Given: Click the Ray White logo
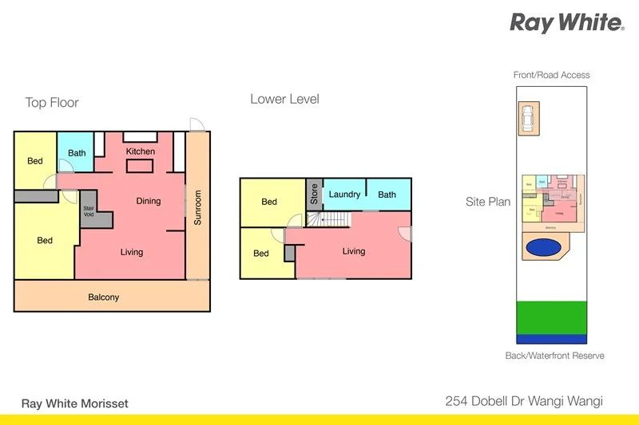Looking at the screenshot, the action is click(x=566, y=22).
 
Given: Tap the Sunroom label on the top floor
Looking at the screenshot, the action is click(x=198, y=207).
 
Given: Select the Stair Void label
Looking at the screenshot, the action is click(x=89, y=211).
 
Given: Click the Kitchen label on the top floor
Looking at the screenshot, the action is click(x=141, y=152).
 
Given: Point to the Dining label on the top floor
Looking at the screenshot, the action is click(x=148, y=201).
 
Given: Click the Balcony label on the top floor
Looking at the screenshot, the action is click(x=103, y=297).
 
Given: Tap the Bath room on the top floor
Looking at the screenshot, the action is click(x=77, y=152).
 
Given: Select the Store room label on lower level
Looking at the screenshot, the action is click(x=314, y=195).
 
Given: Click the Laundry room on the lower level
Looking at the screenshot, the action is click(x=344, y=195).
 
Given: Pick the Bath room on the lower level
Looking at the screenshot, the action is click(x=387, y=195).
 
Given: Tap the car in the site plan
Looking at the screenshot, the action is click(x=527, y=120).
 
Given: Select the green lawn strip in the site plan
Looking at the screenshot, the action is click(x=550, y=317).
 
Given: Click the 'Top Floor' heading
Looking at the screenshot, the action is click(x=52, y=103).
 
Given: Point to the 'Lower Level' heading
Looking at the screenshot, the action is click(x=284, y=100).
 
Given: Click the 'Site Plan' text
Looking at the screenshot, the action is click(x=488, y=202).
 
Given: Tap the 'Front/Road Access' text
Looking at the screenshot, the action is click(x=551, y=75).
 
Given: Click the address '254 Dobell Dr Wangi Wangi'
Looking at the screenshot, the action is click(x=522, y=403).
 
